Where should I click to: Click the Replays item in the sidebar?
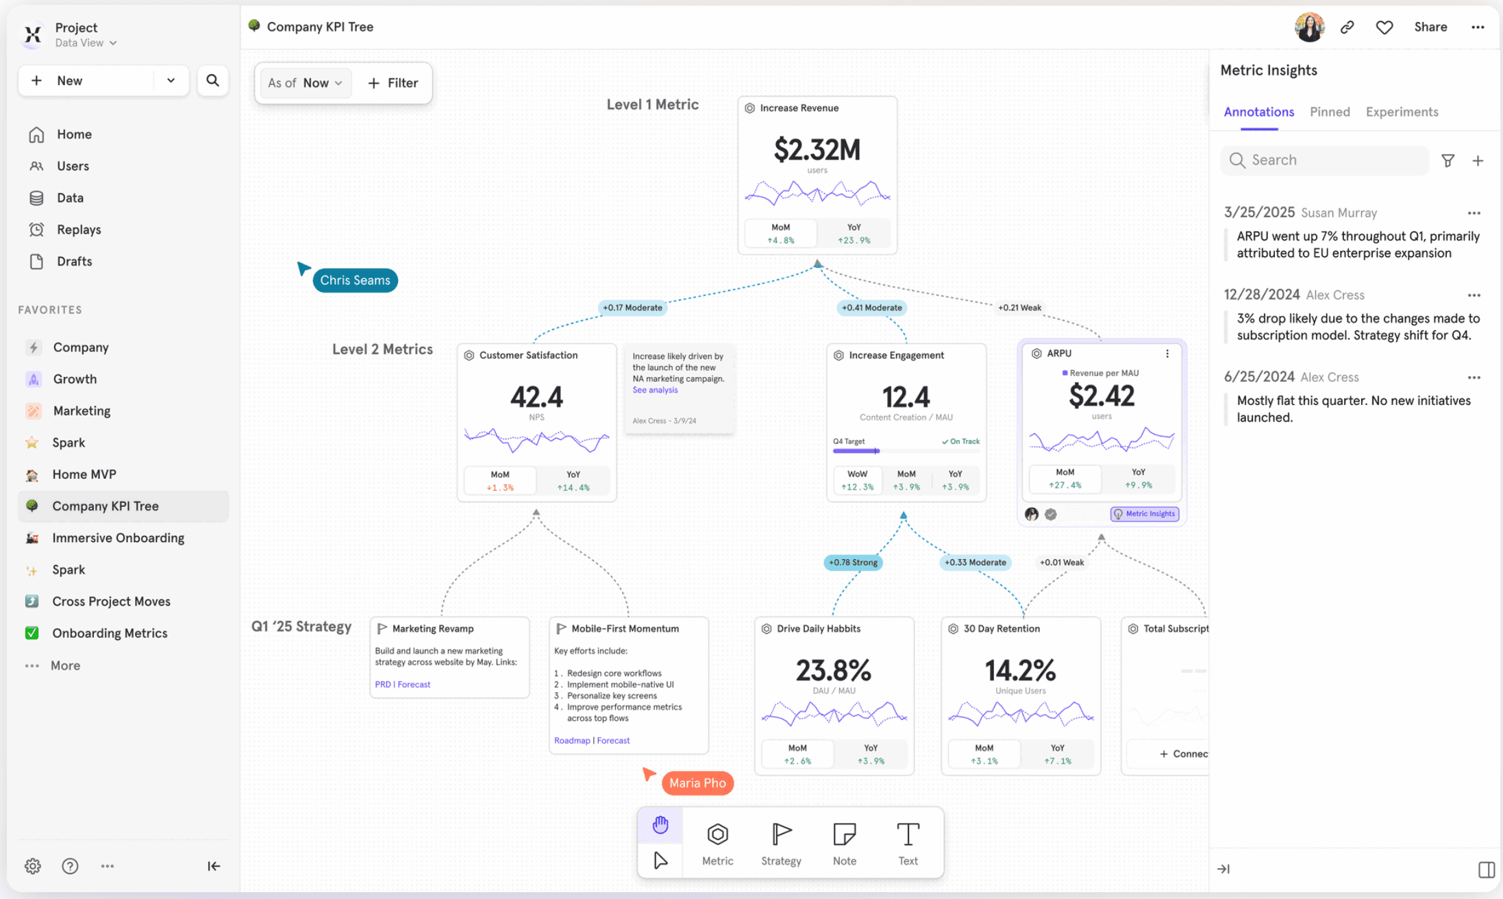click(x=78, y=230)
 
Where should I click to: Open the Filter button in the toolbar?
click(x=393, y=83)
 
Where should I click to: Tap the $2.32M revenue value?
click(x=817, y=149)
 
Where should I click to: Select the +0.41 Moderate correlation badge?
click(x=871, y=308)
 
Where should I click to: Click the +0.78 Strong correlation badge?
click(x=852, y=563)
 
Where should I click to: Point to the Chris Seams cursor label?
click(x=355, y=280)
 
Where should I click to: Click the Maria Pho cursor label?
click(x=697, y=783)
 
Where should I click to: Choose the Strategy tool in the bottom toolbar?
click(x=781, y=843)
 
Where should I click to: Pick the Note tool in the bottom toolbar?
click(x=844, y=843)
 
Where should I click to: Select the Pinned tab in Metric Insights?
click(x=1329, y=112)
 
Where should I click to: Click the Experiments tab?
click(x=1402, y=112)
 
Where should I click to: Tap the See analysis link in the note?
click(x=655, y=390)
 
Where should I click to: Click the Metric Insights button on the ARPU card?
click(x=1144, y=514)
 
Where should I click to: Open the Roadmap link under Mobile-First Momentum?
click(x=571, y=741)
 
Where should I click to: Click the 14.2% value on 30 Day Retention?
click(x=1020, y=670)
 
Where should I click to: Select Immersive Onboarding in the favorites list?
click(x=118, y=538)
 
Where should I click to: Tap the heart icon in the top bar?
click(x=1384, y=27)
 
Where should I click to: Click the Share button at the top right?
click(x=1430, y=27)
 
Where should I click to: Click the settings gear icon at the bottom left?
click(x=32, y=866)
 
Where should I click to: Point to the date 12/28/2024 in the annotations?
click(x=1261, y=295)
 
